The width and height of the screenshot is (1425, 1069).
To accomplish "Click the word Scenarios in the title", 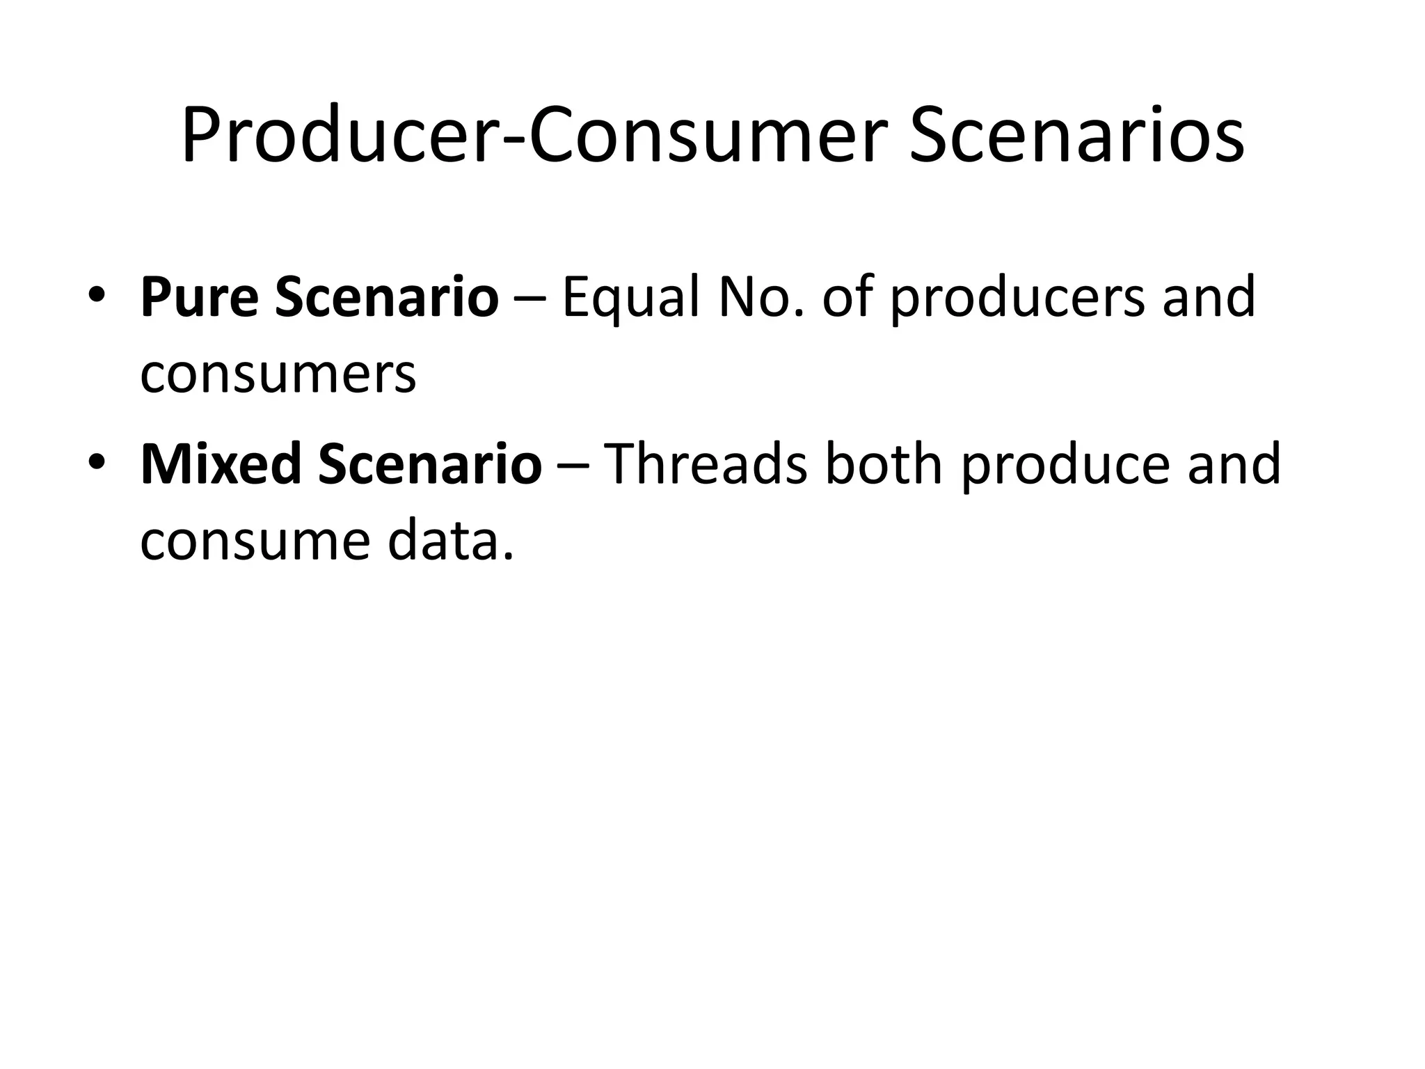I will coord(1076,136).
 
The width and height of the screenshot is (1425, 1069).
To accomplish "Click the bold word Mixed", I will coord(221,464).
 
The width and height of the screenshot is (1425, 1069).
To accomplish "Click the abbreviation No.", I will coord(761,297).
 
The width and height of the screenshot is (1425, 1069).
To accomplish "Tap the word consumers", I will coord(278,374).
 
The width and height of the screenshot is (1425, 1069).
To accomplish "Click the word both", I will coord(883,464).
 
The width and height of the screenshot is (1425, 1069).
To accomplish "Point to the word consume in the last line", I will coord(255,541).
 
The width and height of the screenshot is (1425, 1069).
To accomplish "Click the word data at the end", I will coord(449,541).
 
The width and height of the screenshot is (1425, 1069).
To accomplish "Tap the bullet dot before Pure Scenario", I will coord(97,298).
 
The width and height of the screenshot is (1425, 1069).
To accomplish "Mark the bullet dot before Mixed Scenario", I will coord(97,465).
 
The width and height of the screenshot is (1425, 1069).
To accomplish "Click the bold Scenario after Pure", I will coord(387,297).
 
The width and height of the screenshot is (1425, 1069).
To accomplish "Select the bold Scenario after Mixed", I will coord(430,464).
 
